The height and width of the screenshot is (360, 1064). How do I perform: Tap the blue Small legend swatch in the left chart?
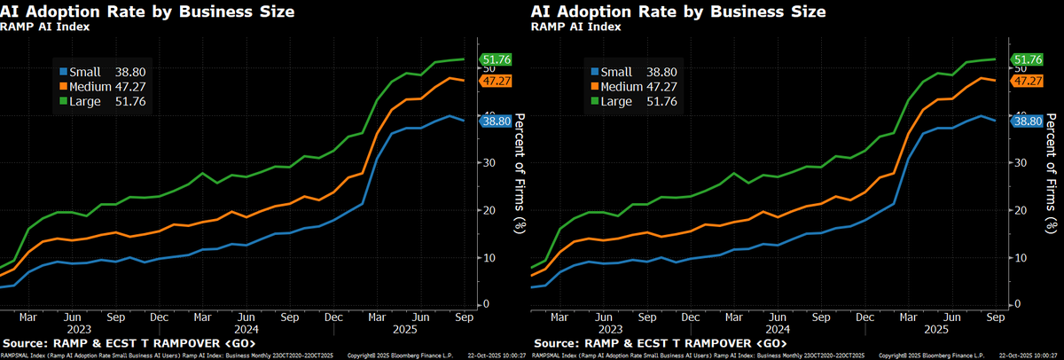[x=63, y=72]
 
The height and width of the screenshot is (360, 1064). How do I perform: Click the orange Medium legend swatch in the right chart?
[x=593, y=87]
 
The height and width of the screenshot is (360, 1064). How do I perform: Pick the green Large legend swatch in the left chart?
[x=63, y=102]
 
